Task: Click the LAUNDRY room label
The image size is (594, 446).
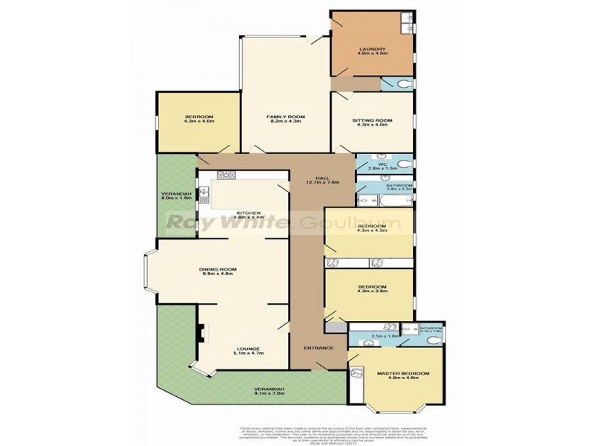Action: (372, 49)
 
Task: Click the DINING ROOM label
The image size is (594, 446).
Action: (217, 270)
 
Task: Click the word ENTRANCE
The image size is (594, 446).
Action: (318, 348)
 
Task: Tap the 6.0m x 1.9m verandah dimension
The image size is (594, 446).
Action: (177, 199)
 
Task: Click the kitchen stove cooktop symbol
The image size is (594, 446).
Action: (226, 175)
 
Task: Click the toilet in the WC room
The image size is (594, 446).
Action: (402, 162)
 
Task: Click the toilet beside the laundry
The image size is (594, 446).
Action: (402, 83)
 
